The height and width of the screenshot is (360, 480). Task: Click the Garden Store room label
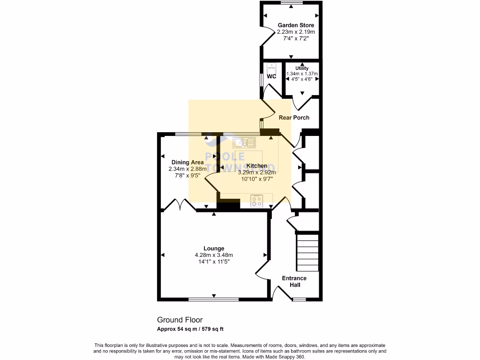[x=296, y=25]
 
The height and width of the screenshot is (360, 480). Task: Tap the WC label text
[x=271, y=76]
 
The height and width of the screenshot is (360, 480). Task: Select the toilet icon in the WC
[x=271, y=67]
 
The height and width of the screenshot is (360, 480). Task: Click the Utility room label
[x=302, y=68]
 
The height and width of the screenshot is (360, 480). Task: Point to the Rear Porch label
[x=294, y=118]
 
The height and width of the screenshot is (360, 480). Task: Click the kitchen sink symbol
[x=243, y=142]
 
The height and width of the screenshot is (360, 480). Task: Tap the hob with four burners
[x=256, y=201]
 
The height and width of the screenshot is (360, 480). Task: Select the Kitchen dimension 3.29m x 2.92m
[x=257, y=172]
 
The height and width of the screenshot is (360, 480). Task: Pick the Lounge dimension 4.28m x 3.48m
[x=214, y=255]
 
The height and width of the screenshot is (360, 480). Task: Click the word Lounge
[x=214, y=248]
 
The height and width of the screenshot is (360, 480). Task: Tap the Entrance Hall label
[x=294, y=281]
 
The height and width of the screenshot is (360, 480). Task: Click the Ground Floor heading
[x=180, y=320]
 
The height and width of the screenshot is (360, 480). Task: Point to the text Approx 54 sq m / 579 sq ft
[x=193, y=329]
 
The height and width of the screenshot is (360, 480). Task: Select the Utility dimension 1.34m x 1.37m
[x=302, y=74]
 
